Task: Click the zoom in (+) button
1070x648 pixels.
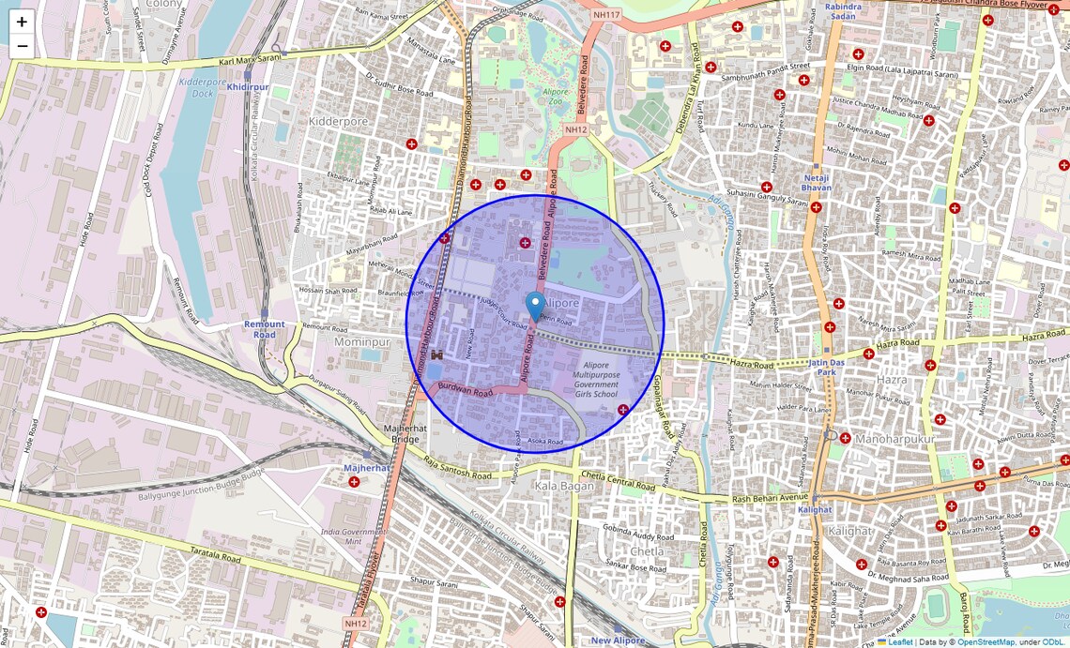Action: (22, 22)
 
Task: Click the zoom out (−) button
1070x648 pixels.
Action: (22, 46)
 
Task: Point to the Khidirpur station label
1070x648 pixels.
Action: (248, 87)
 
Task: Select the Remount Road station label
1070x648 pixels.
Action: (265, 329)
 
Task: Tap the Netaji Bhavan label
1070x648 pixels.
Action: (817, 182)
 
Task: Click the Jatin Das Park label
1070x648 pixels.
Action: (822, 367)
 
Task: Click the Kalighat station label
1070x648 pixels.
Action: (814, 509)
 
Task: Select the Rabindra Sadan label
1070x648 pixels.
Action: (843, 11)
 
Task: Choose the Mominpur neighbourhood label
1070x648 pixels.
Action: (361, 342)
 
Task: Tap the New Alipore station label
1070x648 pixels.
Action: (618, 640)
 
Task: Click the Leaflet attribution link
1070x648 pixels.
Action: (900, 642)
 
